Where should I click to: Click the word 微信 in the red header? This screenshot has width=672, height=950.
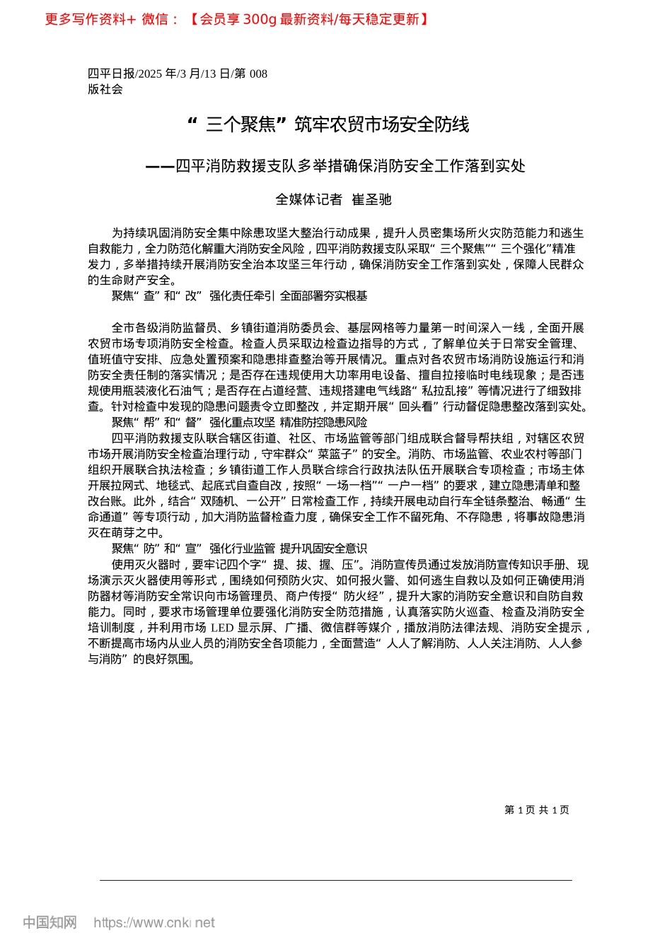155,20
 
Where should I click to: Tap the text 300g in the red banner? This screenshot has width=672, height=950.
259,20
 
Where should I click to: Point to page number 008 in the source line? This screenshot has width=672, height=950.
258,74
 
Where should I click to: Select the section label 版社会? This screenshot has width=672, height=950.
105,89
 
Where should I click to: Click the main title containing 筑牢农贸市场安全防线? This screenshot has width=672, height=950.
328,125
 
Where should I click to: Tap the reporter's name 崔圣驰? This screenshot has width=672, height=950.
372,200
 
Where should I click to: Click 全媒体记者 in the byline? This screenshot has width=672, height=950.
308,200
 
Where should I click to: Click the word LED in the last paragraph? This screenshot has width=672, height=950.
221,628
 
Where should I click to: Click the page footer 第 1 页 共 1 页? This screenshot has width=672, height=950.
537,810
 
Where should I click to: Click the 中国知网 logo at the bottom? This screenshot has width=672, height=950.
50,922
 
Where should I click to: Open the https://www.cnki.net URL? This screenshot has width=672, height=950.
154,922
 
